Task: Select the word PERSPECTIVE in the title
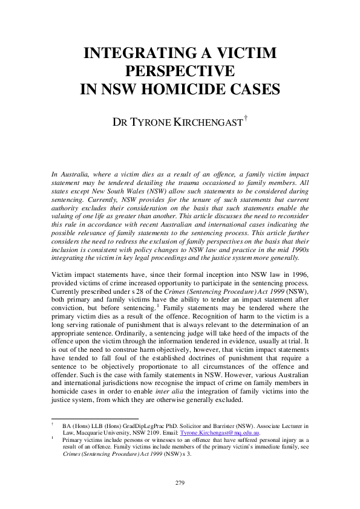[x=180, y=71]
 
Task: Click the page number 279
[x=180, y=483]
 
